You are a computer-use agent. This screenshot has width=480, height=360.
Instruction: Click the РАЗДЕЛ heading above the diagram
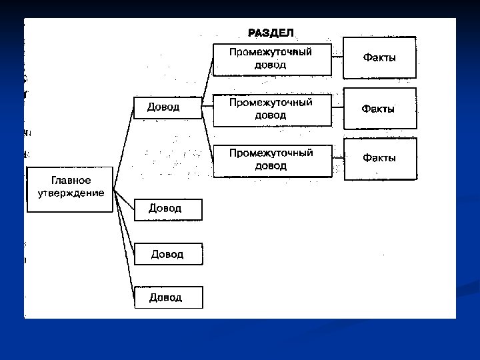point(271,33)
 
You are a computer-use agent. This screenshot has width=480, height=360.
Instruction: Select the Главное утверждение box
point(69,189)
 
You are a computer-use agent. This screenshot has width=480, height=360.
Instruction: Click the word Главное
point(71,181)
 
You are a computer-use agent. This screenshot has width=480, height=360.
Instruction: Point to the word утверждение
point(70,193)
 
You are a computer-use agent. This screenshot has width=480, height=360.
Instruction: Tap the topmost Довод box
point(167,107)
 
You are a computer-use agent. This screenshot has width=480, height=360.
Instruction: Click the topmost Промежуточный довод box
point(271,59)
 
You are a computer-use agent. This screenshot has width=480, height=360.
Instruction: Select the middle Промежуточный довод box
point(271,109)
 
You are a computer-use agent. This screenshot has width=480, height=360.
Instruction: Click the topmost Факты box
point(379,58)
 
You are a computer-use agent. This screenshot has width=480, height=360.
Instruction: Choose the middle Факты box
point(379,108)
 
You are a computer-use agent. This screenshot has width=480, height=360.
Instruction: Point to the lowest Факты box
point(379,159)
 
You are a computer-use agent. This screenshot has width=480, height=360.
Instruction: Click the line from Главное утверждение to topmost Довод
point(123,149)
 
